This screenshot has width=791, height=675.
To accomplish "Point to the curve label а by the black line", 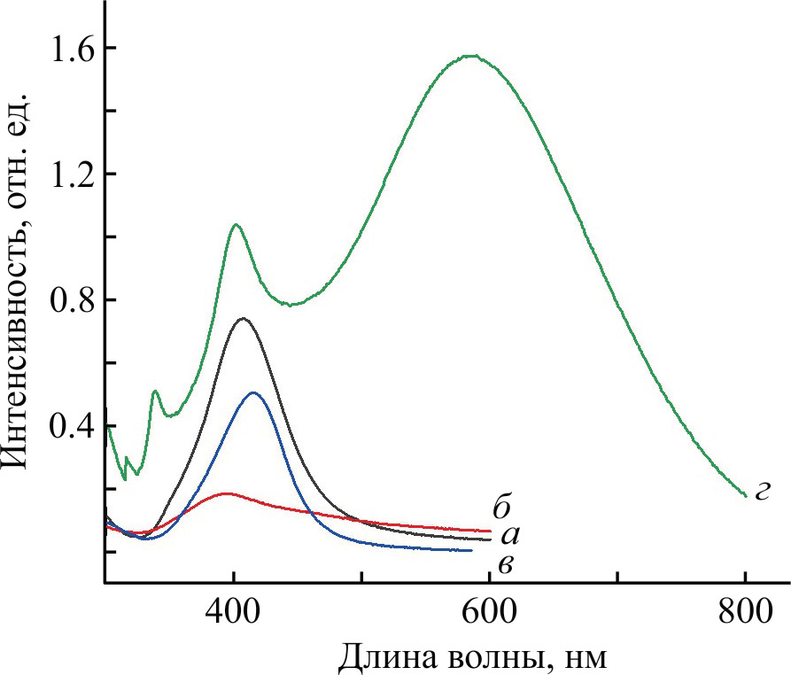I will click(x=508, y=535).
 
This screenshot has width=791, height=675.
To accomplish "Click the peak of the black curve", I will click(x=242, y=318).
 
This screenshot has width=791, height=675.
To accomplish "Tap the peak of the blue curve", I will click(x=254, y=392).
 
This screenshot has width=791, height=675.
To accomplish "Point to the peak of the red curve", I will click(x=227, y=493).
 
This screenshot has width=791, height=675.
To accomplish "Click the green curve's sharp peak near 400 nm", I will click(x=236, y=225).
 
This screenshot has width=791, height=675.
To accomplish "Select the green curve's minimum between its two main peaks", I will click(x=291, y=305).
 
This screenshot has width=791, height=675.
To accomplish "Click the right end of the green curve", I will click(x=745, y=496).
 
